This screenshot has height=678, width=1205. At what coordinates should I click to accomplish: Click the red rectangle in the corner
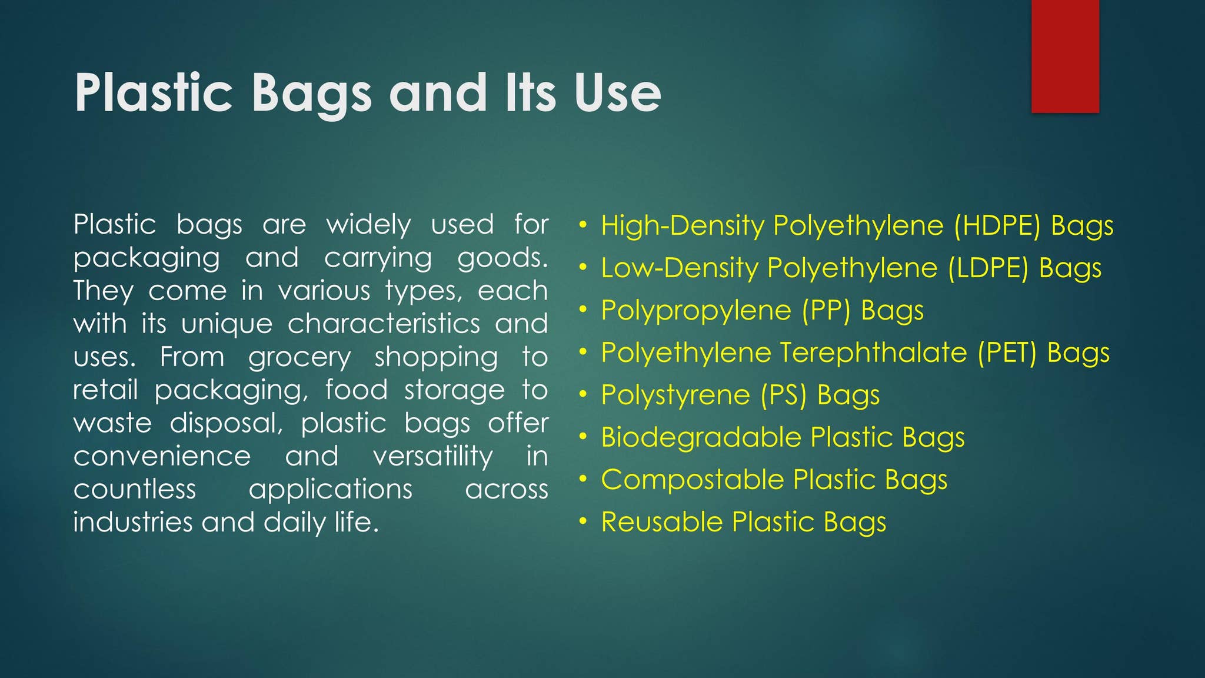tap(1065, 56)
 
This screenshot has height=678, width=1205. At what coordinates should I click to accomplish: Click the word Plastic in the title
tap(154, 93)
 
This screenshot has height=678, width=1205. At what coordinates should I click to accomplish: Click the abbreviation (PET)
tap(1007, 353)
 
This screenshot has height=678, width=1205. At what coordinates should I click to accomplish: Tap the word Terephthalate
tap(874, 353)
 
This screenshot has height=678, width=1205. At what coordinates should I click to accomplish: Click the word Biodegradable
tap(701, 437)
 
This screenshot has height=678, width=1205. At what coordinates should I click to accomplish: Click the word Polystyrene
tap(676, 395)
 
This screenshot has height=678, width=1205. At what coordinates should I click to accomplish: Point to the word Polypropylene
tap(696, 310)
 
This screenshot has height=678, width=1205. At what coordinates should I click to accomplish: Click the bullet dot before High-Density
tap(582, 225)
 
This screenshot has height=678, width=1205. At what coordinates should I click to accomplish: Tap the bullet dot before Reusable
tap(582, 522)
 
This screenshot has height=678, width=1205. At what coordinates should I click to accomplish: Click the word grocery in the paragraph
tap(299, 357)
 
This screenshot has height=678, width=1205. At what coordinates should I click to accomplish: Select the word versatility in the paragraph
tap(433, 456)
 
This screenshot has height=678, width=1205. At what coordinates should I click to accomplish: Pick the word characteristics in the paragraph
tap(384, 324)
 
